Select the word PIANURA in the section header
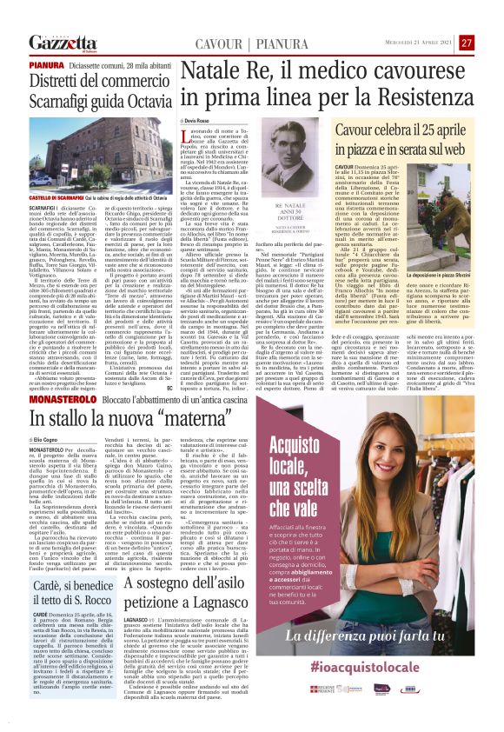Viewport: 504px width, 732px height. point(249,43)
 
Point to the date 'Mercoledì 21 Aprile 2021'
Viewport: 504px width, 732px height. point(420,43)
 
